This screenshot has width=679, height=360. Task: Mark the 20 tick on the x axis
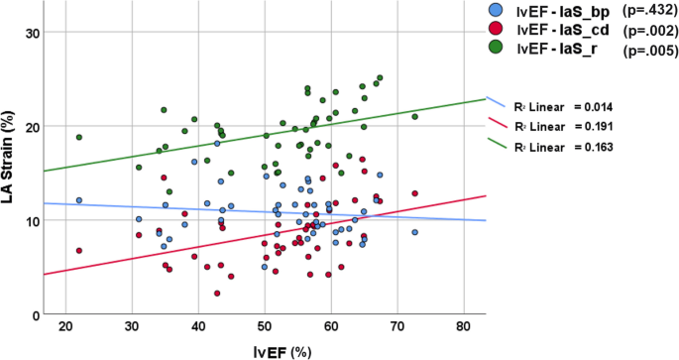click(67, 328)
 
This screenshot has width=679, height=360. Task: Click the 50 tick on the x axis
click(266, 328)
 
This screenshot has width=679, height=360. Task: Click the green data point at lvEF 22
click(79, 138)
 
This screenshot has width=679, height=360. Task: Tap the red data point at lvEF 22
click(79, 251)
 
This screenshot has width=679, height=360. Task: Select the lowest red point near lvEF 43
click(217, 294)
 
